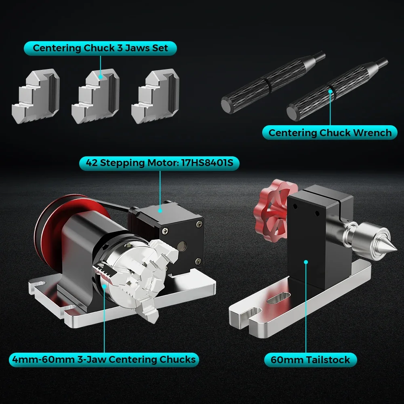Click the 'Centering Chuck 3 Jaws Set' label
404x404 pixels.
tap(100, 48)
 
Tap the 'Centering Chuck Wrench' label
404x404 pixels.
tap(330, 133)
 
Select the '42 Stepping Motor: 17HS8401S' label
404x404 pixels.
tap(159, 163)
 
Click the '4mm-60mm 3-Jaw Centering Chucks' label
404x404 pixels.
tap(104, 360)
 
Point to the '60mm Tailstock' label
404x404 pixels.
tap(310, 360)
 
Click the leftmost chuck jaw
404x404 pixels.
tap(36, 96)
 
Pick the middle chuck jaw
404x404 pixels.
tap(96, 96)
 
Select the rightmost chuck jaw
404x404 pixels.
tap(156, 96)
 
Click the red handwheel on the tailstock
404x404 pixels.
tap(273, 211)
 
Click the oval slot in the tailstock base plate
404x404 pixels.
tap(279, 298)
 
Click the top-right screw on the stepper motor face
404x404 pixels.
tap(199, 224)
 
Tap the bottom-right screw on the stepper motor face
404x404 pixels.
tap(198, 261)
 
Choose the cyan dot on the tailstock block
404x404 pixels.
tap(306, 262)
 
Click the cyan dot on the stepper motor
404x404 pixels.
tap(160, 210)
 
